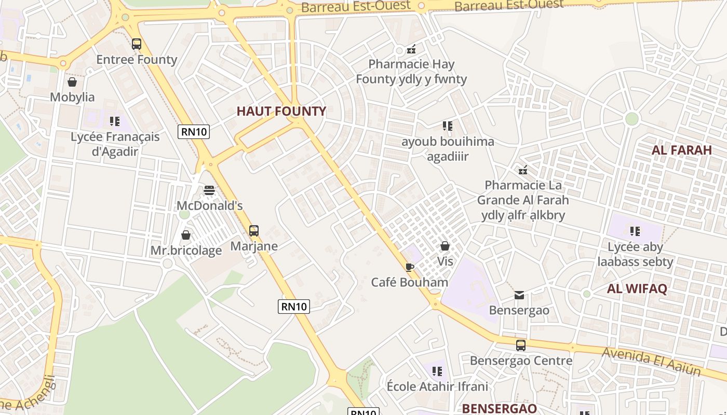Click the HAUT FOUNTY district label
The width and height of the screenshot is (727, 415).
pos(281,111)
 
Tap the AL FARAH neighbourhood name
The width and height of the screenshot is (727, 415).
pos(681,150)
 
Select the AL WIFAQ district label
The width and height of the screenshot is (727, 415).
pos(637,288)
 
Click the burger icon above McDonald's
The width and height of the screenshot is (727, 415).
pos(209,190)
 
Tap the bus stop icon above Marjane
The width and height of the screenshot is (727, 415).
pos(254,231)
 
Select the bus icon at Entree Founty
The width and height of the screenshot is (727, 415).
pos(137,44)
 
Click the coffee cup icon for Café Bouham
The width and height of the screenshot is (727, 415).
pos(410,267)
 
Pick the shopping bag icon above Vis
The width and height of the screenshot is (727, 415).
pos(445,246)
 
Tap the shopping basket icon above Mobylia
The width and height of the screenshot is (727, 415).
pos(72,82)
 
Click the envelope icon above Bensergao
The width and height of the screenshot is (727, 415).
pos(519,295)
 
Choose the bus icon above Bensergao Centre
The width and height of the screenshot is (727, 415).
pos(521,345)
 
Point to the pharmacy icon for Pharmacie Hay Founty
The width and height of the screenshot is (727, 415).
pos(411,50)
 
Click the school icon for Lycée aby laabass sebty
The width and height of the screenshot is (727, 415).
pos(635,231)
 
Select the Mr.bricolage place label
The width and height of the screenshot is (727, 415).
pos(186,251)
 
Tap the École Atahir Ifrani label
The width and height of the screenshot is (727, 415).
pos(437,386)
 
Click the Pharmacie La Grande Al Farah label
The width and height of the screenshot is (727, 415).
pos(523,200)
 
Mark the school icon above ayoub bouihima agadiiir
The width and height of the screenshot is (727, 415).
pos(448,126)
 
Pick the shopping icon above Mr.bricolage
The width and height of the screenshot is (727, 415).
pos(186,236)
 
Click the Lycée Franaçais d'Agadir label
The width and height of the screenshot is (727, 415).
pos(115,144)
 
